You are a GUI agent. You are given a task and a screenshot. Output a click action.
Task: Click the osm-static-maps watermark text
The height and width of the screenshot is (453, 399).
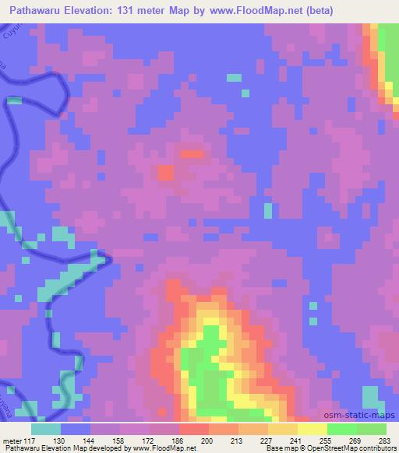pyautogui.click(x=360, y=417)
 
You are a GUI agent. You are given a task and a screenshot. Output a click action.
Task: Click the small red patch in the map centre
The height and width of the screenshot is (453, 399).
pyautogui.click(x=166, y=172)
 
